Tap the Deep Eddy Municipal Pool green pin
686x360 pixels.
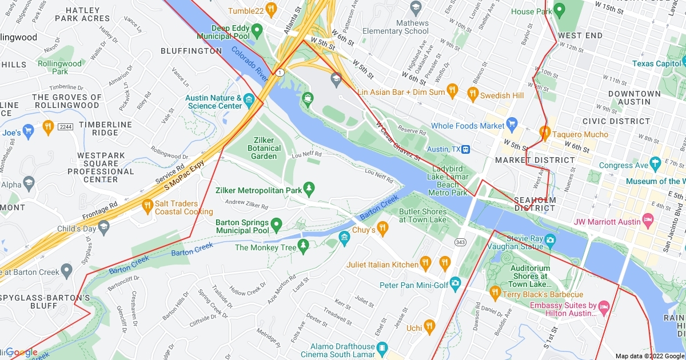coord(257,29)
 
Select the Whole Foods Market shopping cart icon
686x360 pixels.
coord(512,124)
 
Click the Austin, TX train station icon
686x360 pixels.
coord(466,149)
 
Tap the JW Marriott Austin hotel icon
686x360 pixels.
coord(648,220)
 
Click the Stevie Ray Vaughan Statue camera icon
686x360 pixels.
coord(550,239)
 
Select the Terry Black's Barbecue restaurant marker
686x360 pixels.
coord(495,293)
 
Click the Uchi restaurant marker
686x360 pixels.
coord(430,326)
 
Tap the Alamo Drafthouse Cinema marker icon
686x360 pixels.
coord(382,347)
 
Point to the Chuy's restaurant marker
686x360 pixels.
coord(382,229)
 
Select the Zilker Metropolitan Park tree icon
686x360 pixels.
coord(309,187)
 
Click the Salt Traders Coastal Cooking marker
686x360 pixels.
coord(147,205)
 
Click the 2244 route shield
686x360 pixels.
coord(66,126)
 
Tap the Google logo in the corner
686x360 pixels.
coord(21,352)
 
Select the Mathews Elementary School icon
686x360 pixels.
coord(416,6)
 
